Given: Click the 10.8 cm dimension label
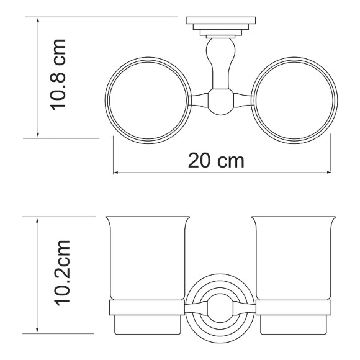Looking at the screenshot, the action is pos(58,75).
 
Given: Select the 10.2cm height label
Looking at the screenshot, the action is pos(61,273).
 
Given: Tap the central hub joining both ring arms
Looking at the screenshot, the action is pos(220,102).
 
